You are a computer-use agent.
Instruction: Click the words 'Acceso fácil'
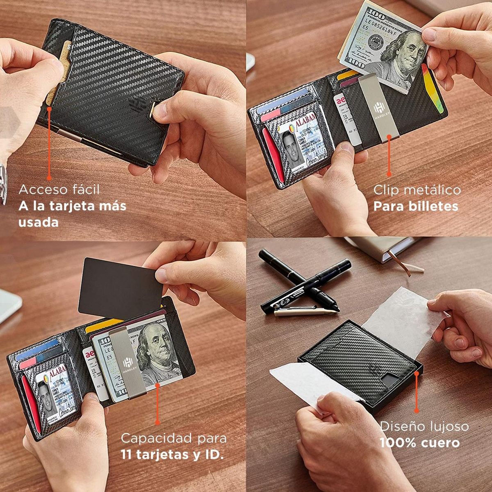pyautogui.click(x=59, y=190)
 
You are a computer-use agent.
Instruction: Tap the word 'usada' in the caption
pyautogui.click(x=39, y=222)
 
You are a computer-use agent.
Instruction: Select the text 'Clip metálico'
pyautogui.click(x=417, y=190)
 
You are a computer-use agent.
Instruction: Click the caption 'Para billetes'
pyautogui.click(x=415, y=206)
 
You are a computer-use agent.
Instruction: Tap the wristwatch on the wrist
pyautogui.click(x=3, y=180)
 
